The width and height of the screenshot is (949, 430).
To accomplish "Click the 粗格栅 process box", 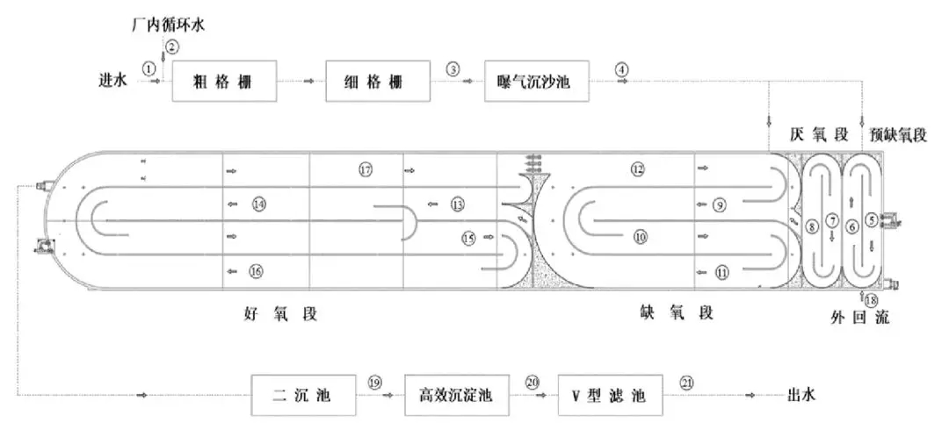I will [x=224, y=82].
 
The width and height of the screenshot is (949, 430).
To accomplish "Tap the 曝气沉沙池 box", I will [x=536, y=82].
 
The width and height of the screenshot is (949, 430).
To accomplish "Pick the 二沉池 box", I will [x=304, y=396].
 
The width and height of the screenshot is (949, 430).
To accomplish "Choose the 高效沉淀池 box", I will [x=457, y=396].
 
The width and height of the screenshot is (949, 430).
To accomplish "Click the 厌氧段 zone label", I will [x=818, y=135].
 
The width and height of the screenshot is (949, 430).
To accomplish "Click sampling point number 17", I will [x=366, y=169].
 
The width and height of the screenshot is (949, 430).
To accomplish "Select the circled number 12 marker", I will [x=638, y=169].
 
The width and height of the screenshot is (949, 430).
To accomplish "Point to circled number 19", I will [x=376, y=383].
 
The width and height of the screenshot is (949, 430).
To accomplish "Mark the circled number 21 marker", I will [x=687, y=383].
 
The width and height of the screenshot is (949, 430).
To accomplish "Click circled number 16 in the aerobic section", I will [x=257, y=272].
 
